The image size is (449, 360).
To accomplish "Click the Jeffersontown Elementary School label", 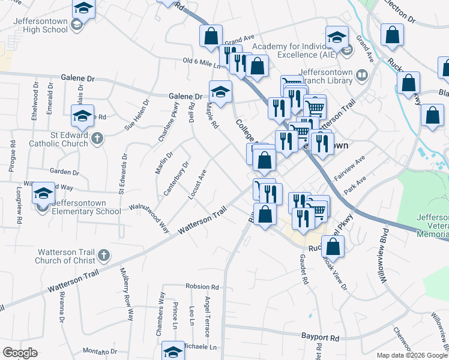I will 86,207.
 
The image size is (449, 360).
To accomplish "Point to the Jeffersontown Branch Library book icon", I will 361,76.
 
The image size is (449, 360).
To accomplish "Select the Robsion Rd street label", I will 202,286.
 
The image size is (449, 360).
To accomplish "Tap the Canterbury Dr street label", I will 177,177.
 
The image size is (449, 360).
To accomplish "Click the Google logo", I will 20,353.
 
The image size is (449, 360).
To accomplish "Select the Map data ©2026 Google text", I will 412,355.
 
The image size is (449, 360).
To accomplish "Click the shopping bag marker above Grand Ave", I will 211,35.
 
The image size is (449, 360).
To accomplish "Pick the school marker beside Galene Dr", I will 220,92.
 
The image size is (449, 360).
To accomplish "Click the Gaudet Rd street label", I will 304,267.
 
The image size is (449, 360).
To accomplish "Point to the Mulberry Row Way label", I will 127,293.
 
